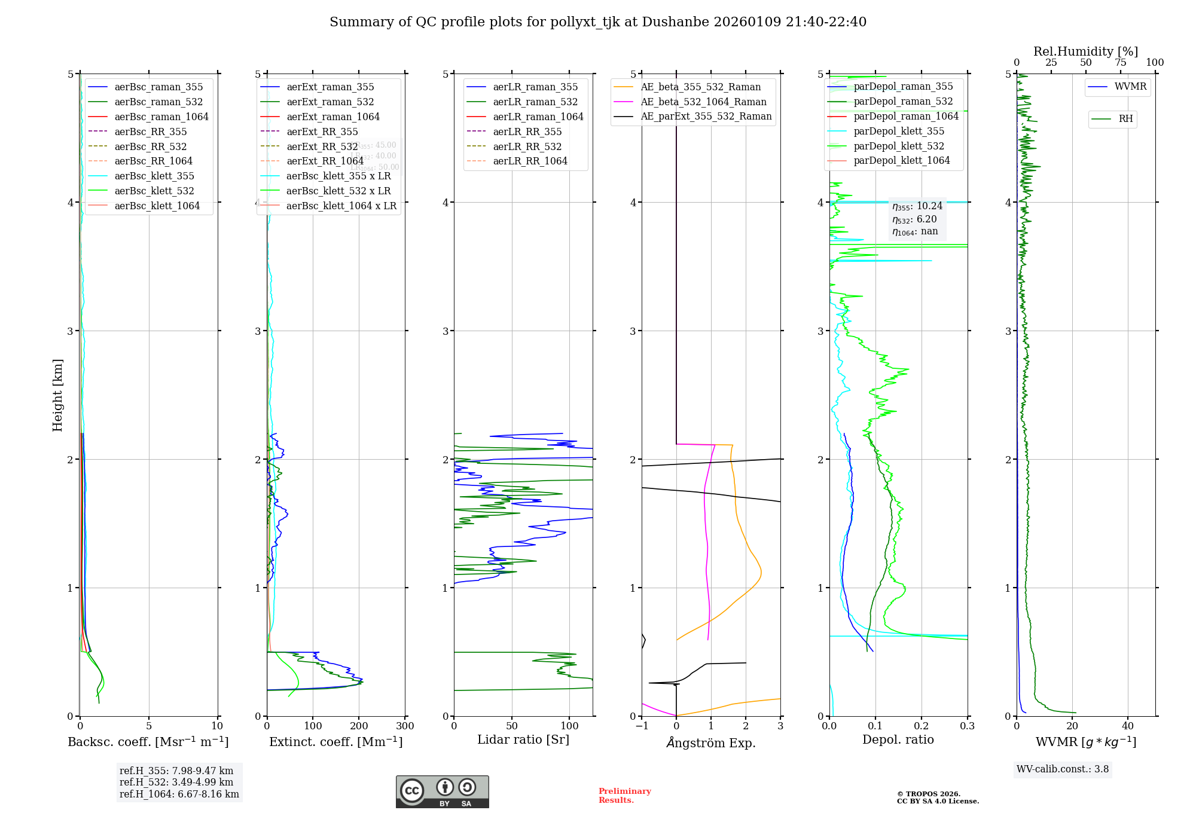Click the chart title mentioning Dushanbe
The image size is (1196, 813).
[598, 22]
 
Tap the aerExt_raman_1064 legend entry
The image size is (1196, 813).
[333, 117]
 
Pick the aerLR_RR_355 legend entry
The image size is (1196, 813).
[527, 132]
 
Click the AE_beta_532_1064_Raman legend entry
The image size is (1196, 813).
[703, 102]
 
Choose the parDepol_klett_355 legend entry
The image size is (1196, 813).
[899, 131]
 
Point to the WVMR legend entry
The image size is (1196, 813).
[1130, 87]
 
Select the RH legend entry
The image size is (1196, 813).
[1125, 119]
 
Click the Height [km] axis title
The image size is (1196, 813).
[57, 395]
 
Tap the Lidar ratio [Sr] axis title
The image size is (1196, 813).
[523, 739]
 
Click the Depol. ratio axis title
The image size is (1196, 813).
[898, 739]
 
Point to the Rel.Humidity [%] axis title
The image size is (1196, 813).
[1085, 51]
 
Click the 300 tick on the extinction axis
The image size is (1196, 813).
[405, 726]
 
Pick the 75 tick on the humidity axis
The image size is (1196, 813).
[1120, 63]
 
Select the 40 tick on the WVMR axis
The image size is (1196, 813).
[1128, 726]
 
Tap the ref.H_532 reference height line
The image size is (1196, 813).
[176, 782]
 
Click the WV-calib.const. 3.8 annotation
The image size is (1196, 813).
[1063, 769]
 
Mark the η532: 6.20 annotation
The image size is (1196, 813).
[914, 219]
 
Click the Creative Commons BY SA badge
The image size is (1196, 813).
[442, 791]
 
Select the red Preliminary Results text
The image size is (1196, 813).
[624, 796]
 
